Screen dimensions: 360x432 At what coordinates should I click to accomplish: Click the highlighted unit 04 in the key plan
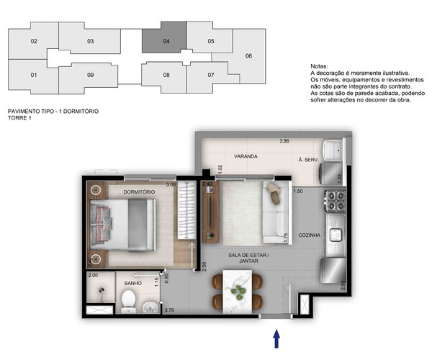pyautogui.click(x=165, y=41)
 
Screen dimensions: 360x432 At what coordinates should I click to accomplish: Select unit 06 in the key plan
pyautogui.click(x=248, y=56)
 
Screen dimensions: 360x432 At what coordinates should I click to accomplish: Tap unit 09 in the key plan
pyautogui.click(x=90, y=75)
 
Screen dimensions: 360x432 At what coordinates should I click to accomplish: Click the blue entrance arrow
pyautogui.click(x=276, y=338)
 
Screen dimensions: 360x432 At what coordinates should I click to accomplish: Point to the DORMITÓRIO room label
pyautogui.click(x=138, y=192)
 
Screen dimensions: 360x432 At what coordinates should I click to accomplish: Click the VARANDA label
pyautogui.click(x=246, y=156)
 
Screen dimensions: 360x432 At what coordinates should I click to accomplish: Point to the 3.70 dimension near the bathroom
pyautogui.click(x=170, y=310)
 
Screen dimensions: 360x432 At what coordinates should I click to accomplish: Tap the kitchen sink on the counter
pyautogui.click(x=336, y=233)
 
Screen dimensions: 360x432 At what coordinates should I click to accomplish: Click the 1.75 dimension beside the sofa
pyautogui.click(x=287, y=235)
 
